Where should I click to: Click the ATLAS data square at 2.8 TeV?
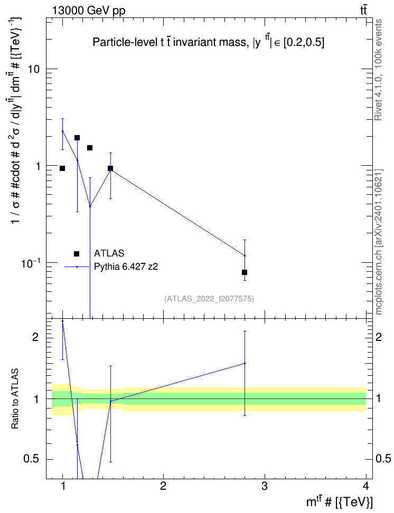245,272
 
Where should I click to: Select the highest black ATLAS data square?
77,138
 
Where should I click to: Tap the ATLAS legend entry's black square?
77,253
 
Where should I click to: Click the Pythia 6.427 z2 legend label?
126,267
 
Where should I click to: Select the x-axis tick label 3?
264,486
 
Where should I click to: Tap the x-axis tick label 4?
366,486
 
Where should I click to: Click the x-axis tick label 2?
163,486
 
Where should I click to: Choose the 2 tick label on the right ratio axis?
379,337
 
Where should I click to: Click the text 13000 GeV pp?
88,11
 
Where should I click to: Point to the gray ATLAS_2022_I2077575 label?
209,298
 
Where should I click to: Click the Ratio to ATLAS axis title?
15,398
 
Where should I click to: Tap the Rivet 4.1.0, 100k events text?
378,70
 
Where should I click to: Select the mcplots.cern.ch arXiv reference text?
378,242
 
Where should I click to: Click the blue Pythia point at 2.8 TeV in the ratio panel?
245,363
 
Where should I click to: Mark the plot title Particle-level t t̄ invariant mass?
170,42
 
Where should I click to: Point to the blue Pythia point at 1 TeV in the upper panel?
62,131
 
